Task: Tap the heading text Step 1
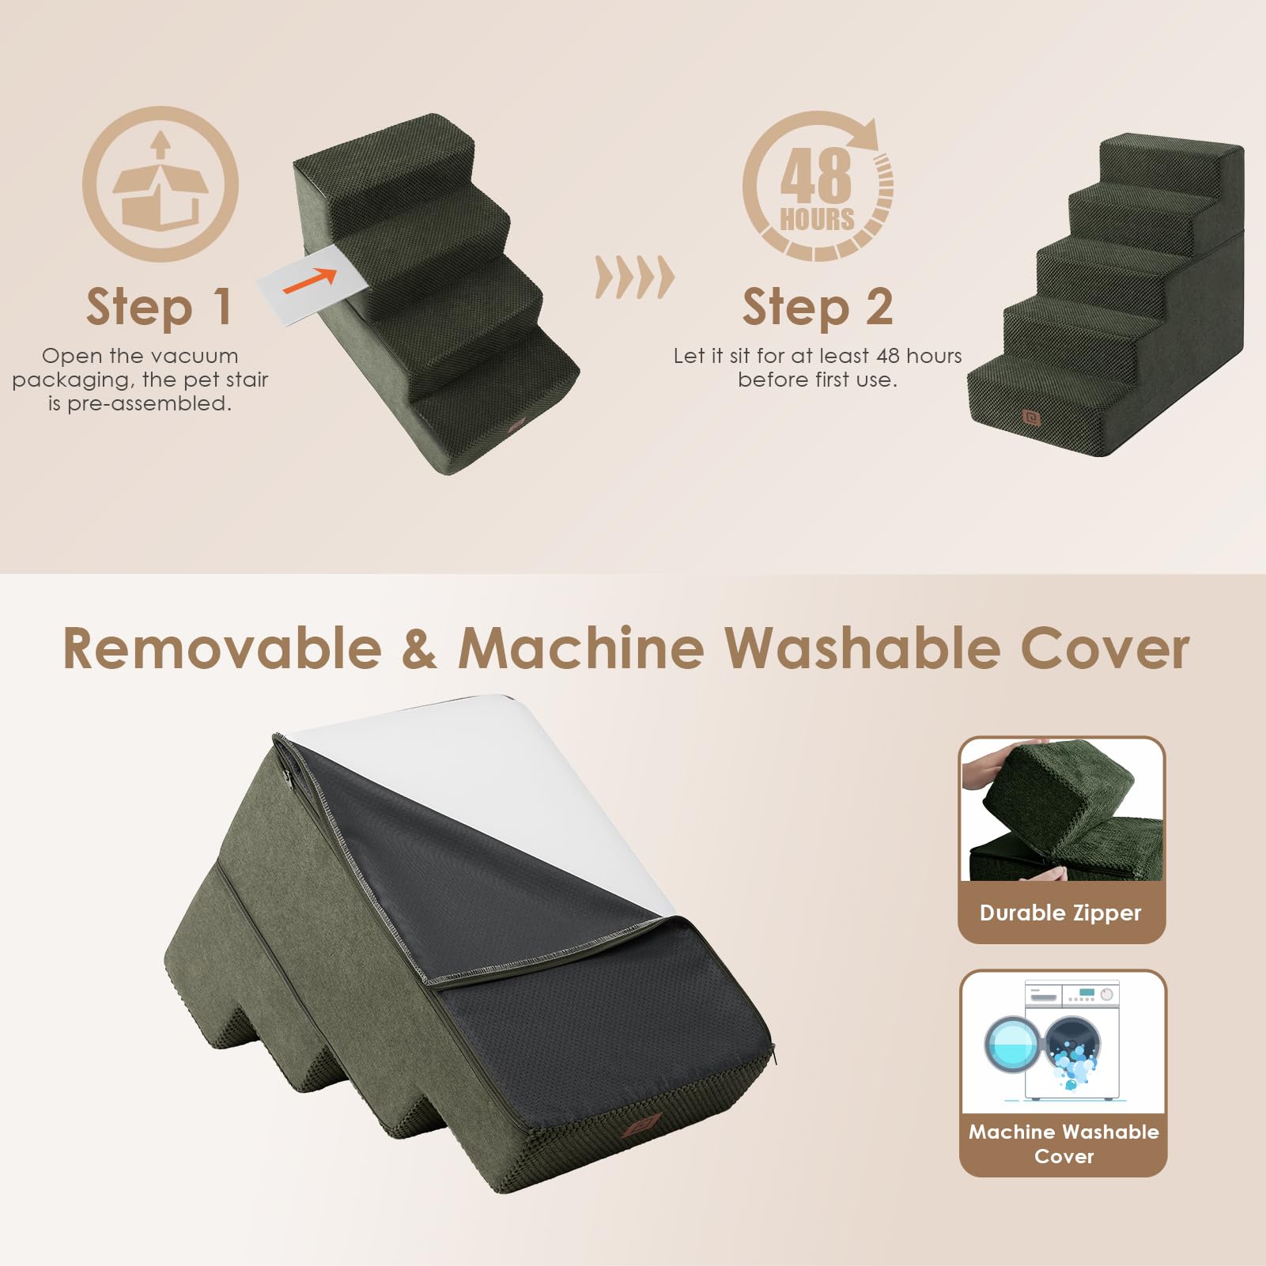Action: click(x=159, y=307)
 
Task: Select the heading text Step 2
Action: click(x=817, y=307)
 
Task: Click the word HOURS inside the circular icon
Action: click(x=817, y=219)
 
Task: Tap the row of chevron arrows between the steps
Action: click(x=634, y=278)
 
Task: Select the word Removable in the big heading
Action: click(x=222, y=649)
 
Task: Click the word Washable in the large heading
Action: click(x=862, y=649)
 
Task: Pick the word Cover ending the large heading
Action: click(x=1105, y=649)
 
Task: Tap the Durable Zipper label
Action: click(x=1060, y=913)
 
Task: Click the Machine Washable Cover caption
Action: click(x=1064, y=1143)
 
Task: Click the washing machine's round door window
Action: click(x=1012, y=1044)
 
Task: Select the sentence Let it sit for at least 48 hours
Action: click(x=817, y=356)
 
